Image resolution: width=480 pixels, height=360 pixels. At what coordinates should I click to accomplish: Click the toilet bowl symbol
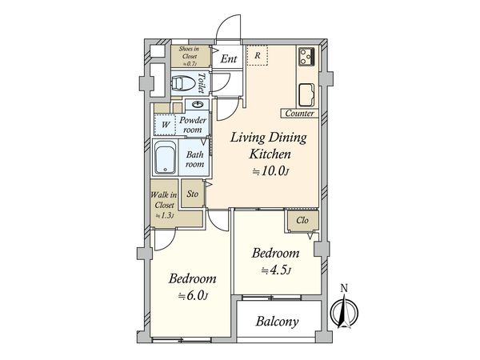click(184, 83)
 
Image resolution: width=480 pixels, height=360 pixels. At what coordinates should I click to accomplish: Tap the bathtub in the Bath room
click(166, 158)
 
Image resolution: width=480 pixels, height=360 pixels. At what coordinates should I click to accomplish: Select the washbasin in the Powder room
click(197, 105)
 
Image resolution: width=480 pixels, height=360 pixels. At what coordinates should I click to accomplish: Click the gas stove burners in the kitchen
click(306, 56)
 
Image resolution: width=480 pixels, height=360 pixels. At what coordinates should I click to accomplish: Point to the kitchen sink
click(306, 95)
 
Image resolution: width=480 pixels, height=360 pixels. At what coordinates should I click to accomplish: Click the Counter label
click(299, 114)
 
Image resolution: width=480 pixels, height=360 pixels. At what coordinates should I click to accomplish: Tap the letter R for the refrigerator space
click(258, 55)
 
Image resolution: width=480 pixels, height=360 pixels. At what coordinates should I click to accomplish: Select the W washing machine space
click(166, 125)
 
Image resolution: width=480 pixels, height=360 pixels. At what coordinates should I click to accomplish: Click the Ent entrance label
click(228, 58)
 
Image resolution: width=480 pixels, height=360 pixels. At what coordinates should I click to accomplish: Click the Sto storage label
click(193, 194)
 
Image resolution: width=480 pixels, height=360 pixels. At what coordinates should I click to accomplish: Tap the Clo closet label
click(302, 220)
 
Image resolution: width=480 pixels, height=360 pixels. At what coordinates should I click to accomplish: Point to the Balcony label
click(277, 322)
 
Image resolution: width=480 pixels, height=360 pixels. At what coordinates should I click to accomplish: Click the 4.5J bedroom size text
click(275, 270)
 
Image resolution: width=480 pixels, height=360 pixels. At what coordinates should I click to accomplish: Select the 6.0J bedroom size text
click(194, 296)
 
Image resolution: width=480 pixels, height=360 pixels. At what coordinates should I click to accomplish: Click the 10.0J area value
click(270, 171)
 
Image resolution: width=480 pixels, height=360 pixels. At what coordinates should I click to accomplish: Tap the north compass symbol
click(344, 312)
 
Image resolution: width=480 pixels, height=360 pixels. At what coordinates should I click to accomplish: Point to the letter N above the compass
click(344, 288)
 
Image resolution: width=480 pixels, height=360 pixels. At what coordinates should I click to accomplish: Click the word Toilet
click(201, 82)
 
